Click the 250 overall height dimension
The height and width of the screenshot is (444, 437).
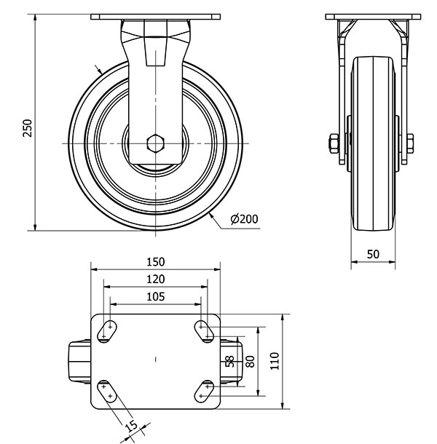point(28,128)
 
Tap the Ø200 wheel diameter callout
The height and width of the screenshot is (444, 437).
point(244,219)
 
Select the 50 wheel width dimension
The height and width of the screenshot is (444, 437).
point(373,254)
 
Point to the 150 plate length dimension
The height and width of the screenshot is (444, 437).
point(156,262)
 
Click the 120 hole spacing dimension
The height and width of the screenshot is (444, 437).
point(156,280)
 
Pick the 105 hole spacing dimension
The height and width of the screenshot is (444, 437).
point(156,297)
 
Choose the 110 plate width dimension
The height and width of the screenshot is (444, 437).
point(275,361)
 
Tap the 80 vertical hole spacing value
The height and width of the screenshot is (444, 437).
point(251,361)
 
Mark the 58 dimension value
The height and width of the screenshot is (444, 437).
point(230,362)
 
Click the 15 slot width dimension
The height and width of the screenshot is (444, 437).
point(131,427)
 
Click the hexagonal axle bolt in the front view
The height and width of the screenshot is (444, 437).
point(155,143)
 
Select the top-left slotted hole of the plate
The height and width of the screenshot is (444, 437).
point(107,331)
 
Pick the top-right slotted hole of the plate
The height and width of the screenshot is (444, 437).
point(204,331)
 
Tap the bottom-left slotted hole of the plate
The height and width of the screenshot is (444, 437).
point(107,392)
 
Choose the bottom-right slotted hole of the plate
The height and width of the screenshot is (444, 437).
point(204,392)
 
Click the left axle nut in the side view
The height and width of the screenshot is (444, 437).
point(334,143)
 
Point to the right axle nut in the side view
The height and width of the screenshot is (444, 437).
point(410,143)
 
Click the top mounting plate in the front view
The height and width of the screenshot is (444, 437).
point(156,17)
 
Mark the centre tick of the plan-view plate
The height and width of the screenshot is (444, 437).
point(156,360)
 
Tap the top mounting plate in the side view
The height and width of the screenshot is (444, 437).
point(373,17)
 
